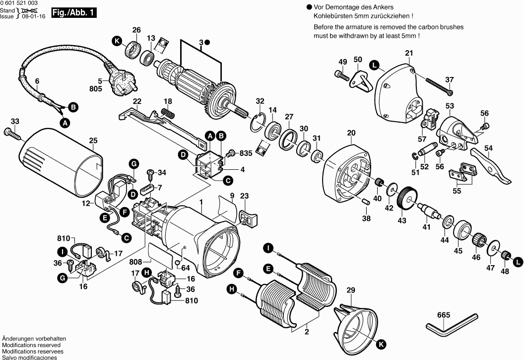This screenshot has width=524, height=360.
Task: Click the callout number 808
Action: (136, 262)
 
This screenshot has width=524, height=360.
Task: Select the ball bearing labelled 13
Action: (147, 57)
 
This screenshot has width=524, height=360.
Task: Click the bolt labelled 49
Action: (341, 75)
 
